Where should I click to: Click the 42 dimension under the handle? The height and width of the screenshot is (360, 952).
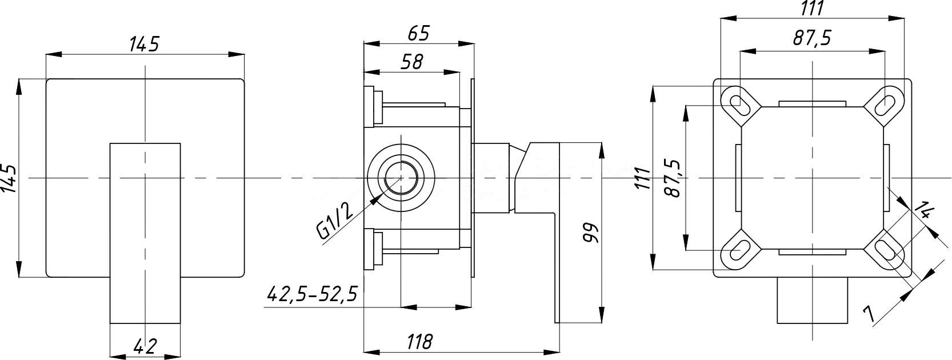(145, 346)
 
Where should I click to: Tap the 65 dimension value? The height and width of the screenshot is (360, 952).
(419, 33)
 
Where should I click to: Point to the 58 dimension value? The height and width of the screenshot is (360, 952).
(412, 62)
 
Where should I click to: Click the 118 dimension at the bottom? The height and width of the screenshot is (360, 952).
(419, 342)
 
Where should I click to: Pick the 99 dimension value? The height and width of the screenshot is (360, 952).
(590, 233)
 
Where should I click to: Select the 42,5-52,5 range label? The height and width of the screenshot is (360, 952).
(313, 294)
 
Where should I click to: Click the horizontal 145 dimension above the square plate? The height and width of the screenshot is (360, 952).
(145, 44)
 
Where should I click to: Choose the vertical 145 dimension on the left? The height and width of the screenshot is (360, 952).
(10, 178)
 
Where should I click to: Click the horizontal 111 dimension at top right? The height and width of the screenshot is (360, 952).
(812, 9)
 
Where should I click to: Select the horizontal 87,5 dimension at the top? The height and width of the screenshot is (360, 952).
(812, 39)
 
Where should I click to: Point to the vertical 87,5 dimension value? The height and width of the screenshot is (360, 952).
(673, 178)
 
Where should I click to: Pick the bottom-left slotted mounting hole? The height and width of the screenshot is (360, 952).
(740, 250)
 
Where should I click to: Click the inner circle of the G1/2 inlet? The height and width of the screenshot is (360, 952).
(401, 178)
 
